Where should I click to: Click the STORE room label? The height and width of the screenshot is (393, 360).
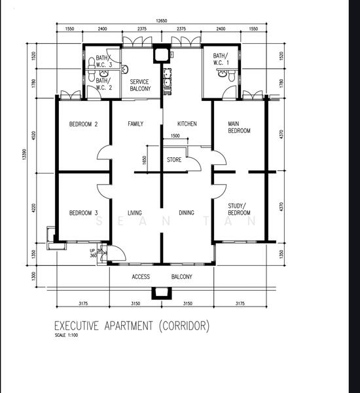(174, 160)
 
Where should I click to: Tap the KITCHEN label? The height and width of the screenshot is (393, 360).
(187, 124)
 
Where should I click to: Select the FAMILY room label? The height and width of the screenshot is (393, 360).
(135, 124)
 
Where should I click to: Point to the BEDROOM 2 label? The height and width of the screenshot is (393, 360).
(83, 124)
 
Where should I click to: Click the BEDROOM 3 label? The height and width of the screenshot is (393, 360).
(83, 213)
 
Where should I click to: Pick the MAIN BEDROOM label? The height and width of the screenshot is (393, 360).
(239, 127)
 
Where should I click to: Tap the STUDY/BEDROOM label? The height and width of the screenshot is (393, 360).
(239, 210)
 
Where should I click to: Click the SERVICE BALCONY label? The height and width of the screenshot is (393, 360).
(140, 85)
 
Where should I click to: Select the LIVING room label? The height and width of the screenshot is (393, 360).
(135, 213)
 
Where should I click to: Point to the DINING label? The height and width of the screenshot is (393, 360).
(187, 212)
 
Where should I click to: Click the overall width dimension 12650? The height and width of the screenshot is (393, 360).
(161, 21)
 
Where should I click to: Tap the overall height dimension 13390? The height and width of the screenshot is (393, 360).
(24, 154)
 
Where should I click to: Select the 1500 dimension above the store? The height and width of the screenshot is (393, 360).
(175, 136)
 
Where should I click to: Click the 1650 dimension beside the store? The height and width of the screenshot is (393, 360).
(144, 160)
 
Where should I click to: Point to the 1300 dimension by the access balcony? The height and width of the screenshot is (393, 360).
(34, 276)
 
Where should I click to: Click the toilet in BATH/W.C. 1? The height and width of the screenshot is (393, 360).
(232, 76)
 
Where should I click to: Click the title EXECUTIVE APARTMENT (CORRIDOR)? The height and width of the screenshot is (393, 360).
(132, 326)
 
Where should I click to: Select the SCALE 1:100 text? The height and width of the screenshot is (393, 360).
(66, 335)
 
